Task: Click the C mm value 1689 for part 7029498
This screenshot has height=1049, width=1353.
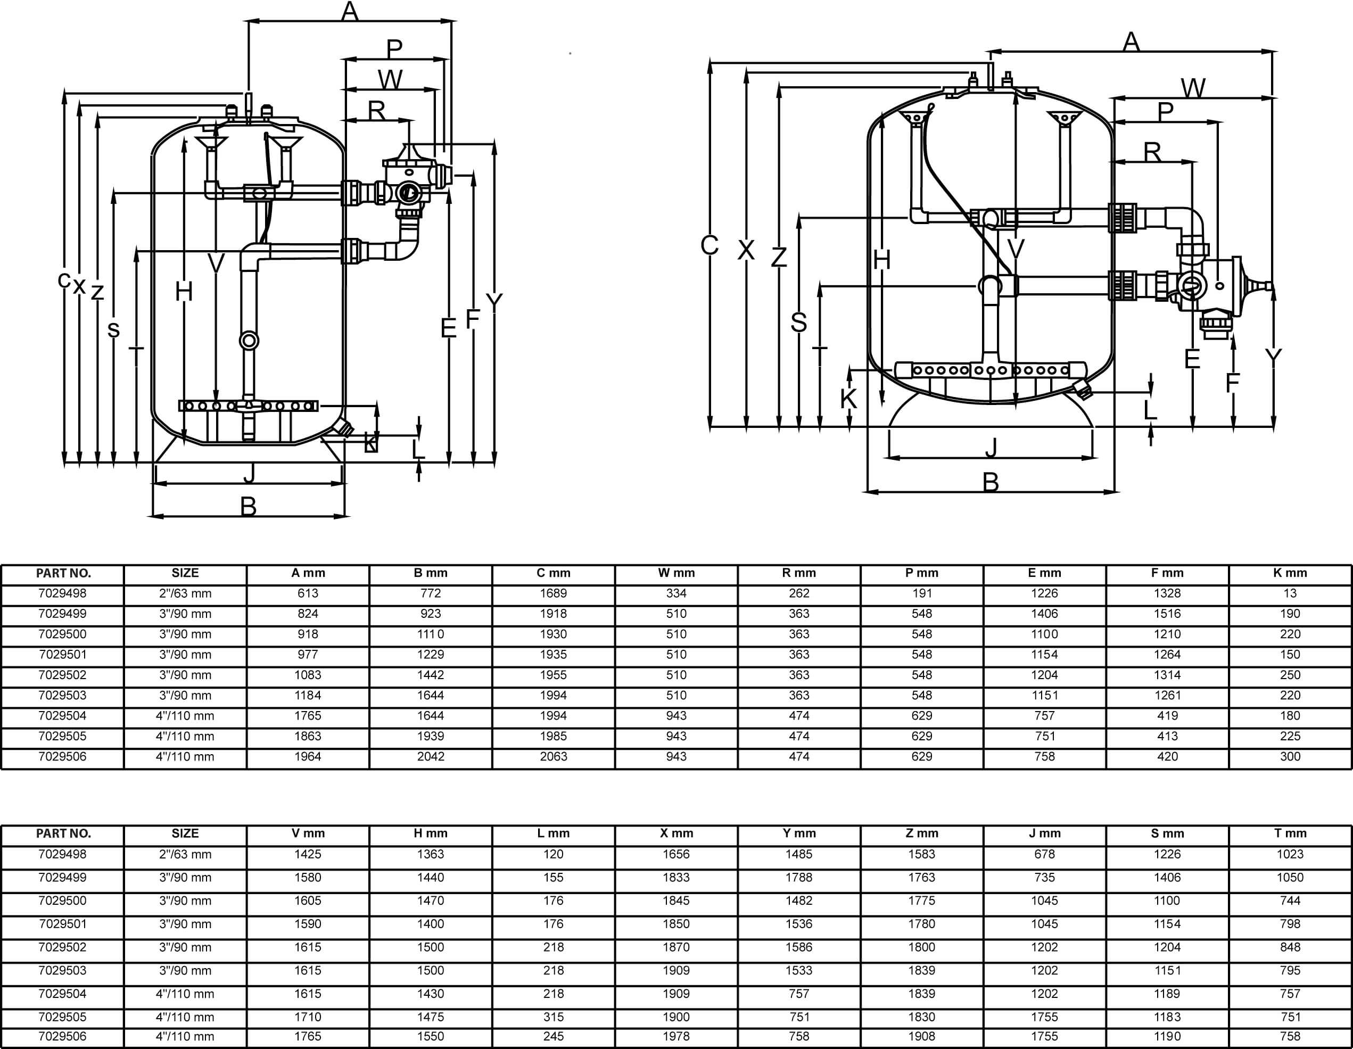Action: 553,593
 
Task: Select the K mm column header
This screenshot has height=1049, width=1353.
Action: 1290,573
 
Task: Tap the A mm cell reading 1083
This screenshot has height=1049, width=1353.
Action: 308,675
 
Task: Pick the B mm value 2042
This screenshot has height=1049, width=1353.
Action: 431,756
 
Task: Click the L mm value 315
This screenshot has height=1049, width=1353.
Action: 553,1017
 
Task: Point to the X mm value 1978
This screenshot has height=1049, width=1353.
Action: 676,1036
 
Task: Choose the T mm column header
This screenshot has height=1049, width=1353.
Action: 1290,833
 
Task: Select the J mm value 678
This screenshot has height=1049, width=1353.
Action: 1044,854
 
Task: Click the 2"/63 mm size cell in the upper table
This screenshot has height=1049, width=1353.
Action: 185,593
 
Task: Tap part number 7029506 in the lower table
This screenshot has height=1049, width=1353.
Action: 63,1036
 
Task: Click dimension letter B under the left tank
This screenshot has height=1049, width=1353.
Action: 249,507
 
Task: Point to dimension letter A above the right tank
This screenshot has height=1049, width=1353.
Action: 1131,42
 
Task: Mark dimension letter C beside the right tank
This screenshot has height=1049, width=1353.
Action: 709,245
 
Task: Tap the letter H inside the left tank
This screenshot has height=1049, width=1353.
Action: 184,291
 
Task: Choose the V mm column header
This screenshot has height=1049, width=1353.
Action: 308,833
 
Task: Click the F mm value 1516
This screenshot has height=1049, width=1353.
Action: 1167,614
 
